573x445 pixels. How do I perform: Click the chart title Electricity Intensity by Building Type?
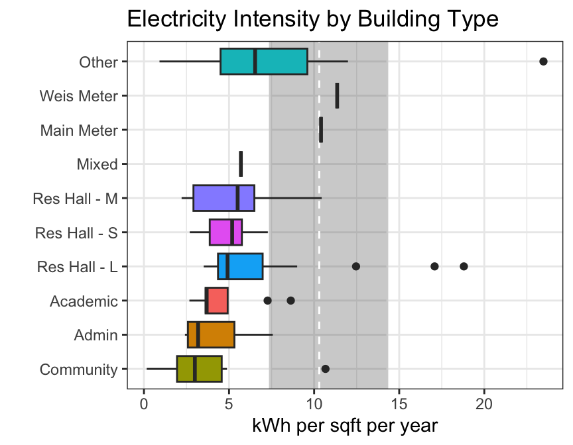coord(312,19)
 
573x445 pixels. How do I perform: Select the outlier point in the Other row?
coord(543,62)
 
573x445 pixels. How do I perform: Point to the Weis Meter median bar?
coord(337,95)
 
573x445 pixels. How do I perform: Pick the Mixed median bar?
coord(241,164)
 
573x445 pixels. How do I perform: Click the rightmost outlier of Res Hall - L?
coord(464,266)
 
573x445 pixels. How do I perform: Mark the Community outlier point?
coord(325,369)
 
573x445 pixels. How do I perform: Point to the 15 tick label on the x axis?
coord(399,403)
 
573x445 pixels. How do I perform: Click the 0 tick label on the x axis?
coord(144,403)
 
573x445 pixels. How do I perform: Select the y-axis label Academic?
coord(84,301)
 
